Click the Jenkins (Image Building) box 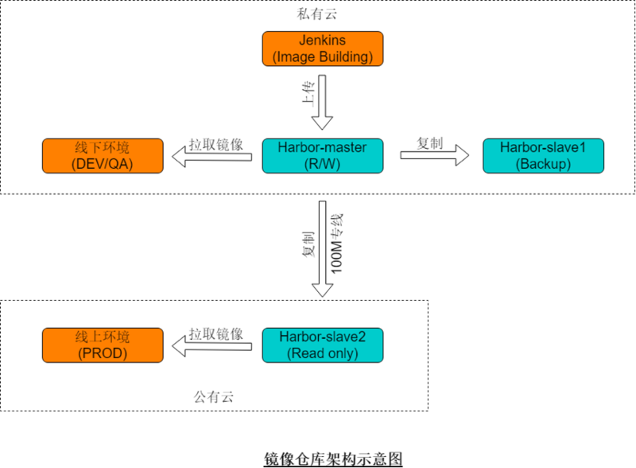coord(323,49)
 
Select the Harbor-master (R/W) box coord(323,155)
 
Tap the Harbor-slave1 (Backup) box coord(543,155)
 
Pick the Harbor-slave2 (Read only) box coord(323,345)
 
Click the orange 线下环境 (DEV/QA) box coord(103,155)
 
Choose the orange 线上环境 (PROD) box coord(103,345)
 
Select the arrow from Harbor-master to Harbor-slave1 coord(434,156)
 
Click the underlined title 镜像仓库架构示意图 coord(334,458)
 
